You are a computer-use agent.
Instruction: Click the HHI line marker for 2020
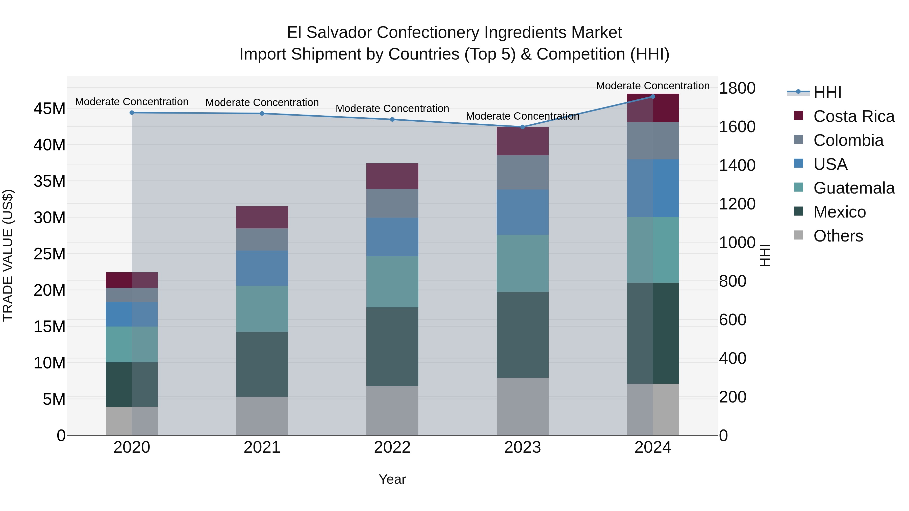pyautogui.click(x=132, y=113)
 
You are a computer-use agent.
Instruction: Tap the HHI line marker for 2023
pyautogui.click(x=523, y=127)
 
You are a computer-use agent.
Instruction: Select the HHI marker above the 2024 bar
pyautogui.click(x=653, y=97)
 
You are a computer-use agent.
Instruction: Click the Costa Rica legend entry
pyautogui.click(x=854, y=116)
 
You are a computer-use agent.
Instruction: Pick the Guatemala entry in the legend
pyautogui.click(x=854, y=188)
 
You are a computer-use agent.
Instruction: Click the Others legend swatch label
pyautogui.click(x=838, y=236)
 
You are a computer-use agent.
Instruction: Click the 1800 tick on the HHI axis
pyautogui.click(x=737, y=88)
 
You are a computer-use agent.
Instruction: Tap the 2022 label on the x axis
pyautogui.click(x=392, y=447)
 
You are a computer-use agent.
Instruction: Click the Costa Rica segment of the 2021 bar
pyautogui.click(x=262, y=217)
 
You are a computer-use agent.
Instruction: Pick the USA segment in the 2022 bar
pyautogui.click(x=392, y=237)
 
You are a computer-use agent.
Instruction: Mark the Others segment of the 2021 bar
pyautogui.click(x=262, y=416)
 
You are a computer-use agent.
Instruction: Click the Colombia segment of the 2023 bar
pyautogui.click(x=523, y=172)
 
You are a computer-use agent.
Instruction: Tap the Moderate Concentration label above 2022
pyautogui.click(x=392, y=109)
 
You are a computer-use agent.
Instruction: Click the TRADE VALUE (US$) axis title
pyautogui.click(x=8, y=255)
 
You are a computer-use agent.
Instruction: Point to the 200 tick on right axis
pyautogui.click(x=733, y=397)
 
